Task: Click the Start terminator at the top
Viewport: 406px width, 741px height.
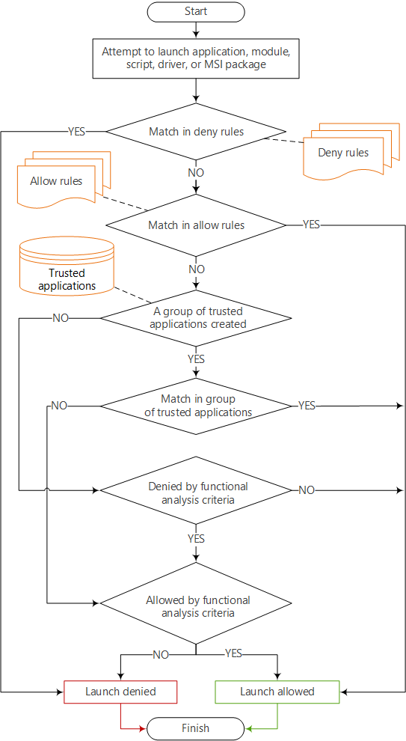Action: [x=196, y=11]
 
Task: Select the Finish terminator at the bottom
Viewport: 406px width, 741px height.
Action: [x=196, y=728]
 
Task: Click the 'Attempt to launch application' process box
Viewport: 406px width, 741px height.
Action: [x=196, y=58]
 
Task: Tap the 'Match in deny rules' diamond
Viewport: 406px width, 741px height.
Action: [x=196, y=132]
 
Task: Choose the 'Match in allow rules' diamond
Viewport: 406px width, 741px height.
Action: [x=196, y=225]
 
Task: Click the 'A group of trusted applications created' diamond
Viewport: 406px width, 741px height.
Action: [x=196, y=318]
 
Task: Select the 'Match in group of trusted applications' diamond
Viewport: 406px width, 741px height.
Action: [x=196, y=406]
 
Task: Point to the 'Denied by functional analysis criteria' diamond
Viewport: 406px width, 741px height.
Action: [x=196, y=491]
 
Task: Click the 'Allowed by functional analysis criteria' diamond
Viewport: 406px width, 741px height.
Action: [x=196, y=606]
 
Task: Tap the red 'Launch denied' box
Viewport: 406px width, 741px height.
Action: [x=120, y=692]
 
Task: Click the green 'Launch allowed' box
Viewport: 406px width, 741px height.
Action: [x=277, y=692]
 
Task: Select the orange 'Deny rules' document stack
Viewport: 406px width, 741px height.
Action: [x=345, y=152]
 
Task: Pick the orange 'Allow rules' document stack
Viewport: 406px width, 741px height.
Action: [x=60, y=180]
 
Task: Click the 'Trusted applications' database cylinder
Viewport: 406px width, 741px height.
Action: [x=67, y=266]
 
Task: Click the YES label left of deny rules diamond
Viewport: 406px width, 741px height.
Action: [x=76, y=132]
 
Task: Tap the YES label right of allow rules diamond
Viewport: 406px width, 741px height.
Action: [x=311, y=225]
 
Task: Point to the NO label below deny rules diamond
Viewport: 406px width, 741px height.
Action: [x=196, y=172]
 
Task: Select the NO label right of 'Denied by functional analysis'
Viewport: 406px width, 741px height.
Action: [x=307, y=490]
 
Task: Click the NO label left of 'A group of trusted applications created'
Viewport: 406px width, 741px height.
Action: [x=61, y=318]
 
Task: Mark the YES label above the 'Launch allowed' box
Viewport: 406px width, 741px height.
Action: [x=233, y=653]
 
